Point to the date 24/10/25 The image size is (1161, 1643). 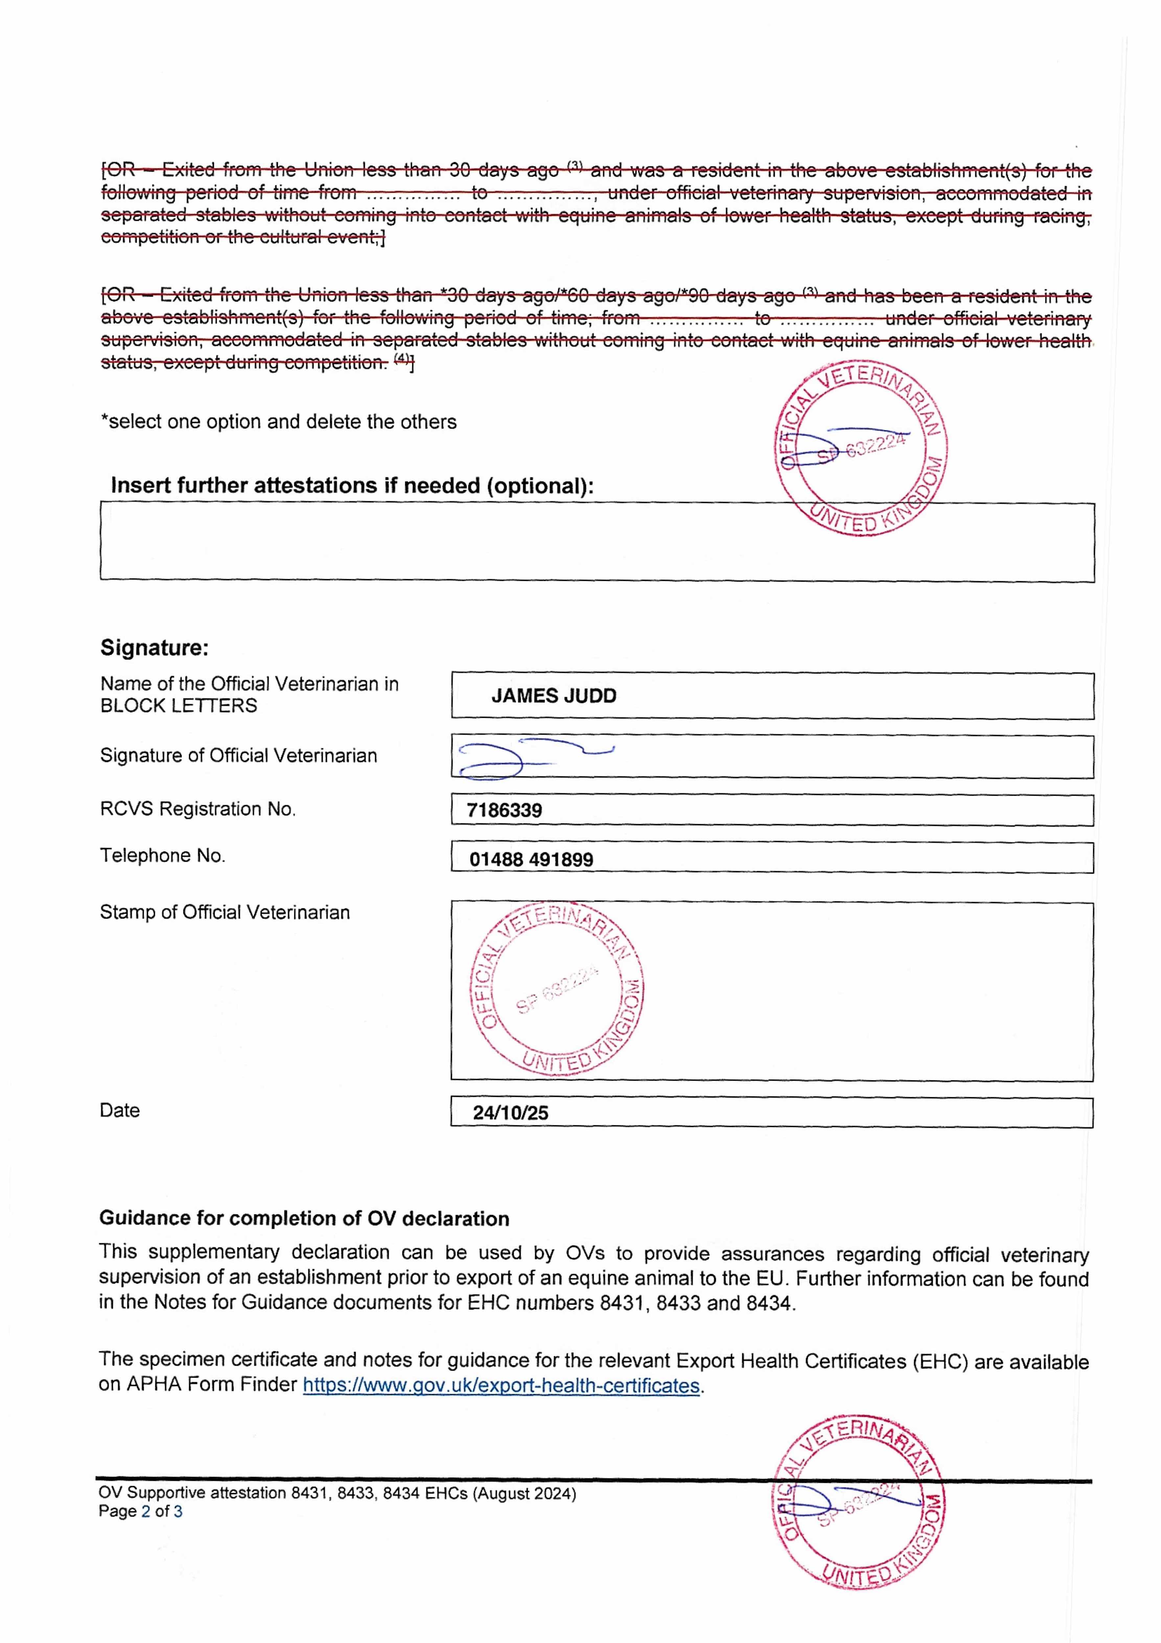coord(510,1113)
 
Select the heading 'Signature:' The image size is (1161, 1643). coord(154,648)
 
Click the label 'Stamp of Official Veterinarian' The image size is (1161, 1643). coord(225,913)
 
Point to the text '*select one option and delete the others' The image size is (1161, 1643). coord(278,422)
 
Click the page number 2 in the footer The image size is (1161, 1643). coord(146,1511)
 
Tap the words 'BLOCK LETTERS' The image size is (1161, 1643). coord(178,706)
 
